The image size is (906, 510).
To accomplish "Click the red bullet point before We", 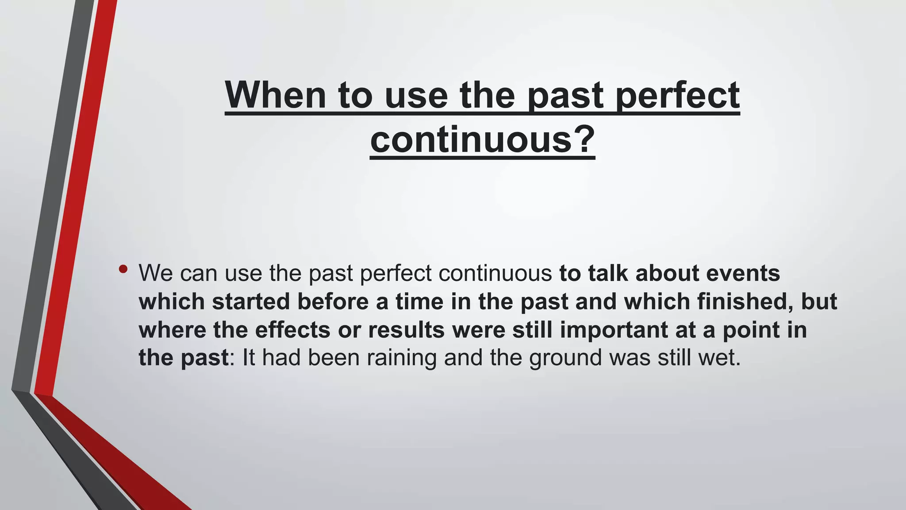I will tap(123, 269).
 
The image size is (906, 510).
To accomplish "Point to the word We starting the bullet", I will tap(156, 273).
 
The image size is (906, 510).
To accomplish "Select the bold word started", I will tap(250, 302).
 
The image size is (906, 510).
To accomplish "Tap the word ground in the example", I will tap(565, 358).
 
